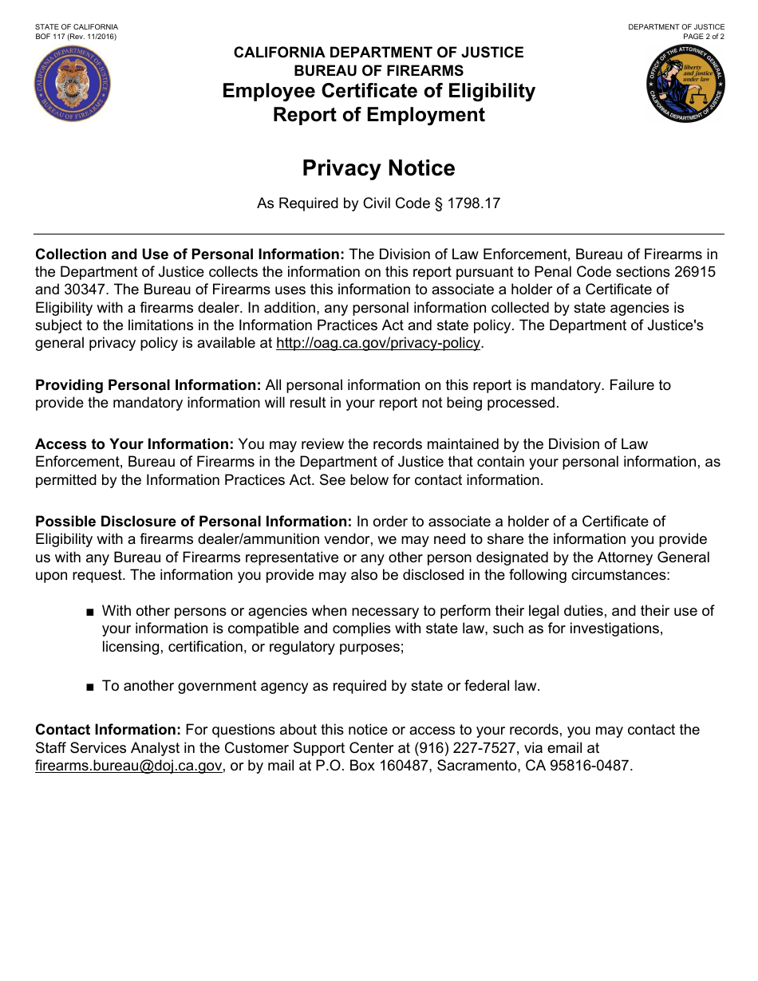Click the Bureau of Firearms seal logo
pos(73,85)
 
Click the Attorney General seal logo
pos(685,84)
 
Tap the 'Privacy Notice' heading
pos(378,168)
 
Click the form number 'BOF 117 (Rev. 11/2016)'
pos(77,37)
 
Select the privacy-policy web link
pos(378,343)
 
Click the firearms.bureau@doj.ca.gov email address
pos(128,766)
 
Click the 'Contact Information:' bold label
pos(109,730)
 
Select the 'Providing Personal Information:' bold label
pos(148,385)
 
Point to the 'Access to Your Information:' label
pos(134,444)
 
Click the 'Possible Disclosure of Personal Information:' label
pos(193,522)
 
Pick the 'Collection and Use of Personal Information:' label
pos(190,254)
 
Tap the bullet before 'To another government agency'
pos(89,687)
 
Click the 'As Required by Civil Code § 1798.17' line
pos(378,203)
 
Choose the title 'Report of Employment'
pos(378,115)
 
